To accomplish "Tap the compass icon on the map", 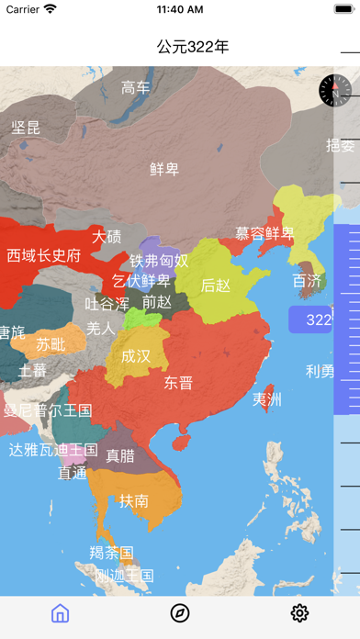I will (x=335, y=90).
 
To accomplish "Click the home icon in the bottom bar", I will (x=61, y=613).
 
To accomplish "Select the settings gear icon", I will (x=299, y=613).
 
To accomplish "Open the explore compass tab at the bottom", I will (x=180, y=613).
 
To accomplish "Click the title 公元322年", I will (x=192, y=46).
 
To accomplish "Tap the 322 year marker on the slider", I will (x=318, y=319).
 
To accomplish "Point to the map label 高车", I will (x=136, y=88).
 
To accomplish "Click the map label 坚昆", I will (x=26, y=128).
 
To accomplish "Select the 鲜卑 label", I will (x=164, y=169).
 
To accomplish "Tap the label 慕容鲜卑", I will (x=264, y=233).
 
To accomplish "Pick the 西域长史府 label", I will (x=44, y=255).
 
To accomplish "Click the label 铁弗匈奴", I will (x=159, y=261).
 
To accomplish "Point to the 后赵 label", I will (x=216, y=286).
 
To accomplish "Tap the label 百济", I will (x=307, y=280).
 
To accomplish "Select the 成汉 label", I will (x=136, y=356).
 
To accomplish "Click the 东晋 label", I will (x=178, y=383).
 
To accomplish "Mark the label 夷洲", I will (x=267, y=399).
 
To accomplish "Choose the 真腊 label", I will (x=120, y=454).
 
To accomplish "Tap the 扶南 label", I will (x=133, y=500).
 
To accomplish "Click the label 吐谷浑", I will (x=107, y=303).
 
